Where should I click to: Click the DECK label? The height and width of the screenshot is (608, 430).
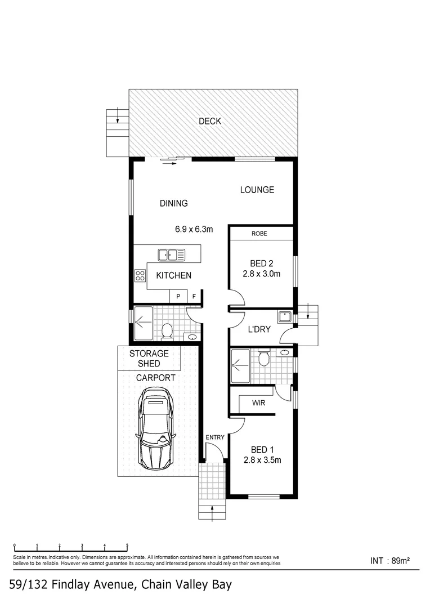[x=209, y=121]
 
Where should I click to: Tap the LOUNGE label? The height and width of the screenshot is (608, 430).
[x=257, y=190]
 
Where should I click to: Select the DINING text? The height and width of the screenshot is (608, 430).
[x=173, y=204]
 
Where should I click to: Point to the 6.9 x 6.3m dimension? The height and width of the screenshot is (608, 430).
[x=194, y=229]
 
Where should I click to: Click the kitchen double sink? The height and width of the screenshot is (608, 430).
[x=172, y=255]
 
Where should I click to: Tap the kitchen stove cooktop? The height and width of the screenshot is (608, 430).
[x=140, y=275]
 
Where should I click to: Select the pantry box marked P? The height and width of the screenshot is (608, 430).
[x=178, y=296]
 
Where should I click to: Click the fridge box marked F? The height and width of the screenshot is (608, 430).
[x=195, y=296]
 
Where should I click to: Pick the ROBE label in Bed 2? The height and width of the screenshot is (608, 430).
[x=259, y=233]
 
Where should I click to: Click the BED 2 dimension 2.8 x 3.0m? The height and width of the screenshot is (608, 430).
[x=261, y=274]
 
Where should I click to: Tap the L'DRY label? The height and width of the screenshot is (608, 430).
[x=261, y=330]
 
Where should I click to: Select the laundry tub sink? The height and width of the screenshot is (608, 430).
[x=285, y=316]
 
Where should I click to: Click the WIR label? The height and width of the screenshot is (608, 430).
[x=259, y=404]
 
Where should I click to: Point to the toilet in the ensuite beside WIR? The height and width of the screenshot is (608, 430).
[x=263, y=358]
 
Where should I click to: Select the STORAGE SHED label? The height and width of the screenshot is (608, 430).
[x=149, y=359]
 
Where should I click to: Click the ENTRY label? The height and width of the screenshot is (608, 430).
[x=215, y=437]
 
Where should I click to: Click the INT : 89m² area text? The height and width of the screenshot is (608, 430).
[x=389, y=560]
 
